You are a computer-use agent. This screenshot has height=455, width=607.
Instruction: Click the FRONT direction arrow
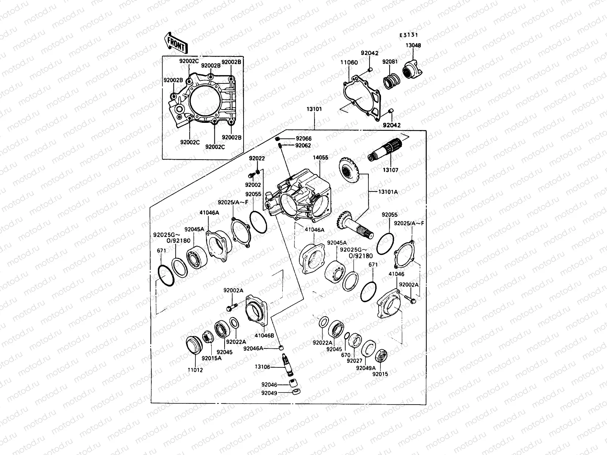coord(176,43)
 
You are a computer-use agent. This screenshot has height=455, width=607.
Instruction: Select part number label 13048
coord(413,45)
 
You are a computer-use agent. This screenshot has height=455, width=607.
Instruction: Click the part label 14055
coord(321,157)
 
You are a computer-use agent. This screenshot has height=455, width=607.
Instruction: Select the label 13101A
coord(388,192)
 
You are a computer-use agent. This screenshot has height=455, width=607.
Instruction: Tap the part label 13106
coord(263,367)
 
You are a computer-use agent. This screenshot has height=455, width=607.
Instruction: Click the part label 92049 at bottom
coord(269,393)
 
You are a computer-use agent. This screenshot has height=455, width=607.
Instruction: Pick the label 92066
coord(303,139)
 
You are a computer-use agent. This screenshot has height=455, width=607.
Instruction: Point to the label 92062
coord(303,145)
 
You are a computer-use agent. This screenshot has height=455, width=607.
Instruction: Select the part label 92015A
coord(211,358)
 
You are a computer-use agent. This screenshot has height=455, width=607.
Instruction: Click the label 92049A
coord(366,367)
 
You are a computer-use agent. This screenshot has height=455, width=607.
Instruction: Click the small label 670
coord(345,355)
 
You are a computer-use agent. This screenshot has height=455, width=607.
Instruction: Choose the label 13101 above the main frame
coord(314,109)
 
